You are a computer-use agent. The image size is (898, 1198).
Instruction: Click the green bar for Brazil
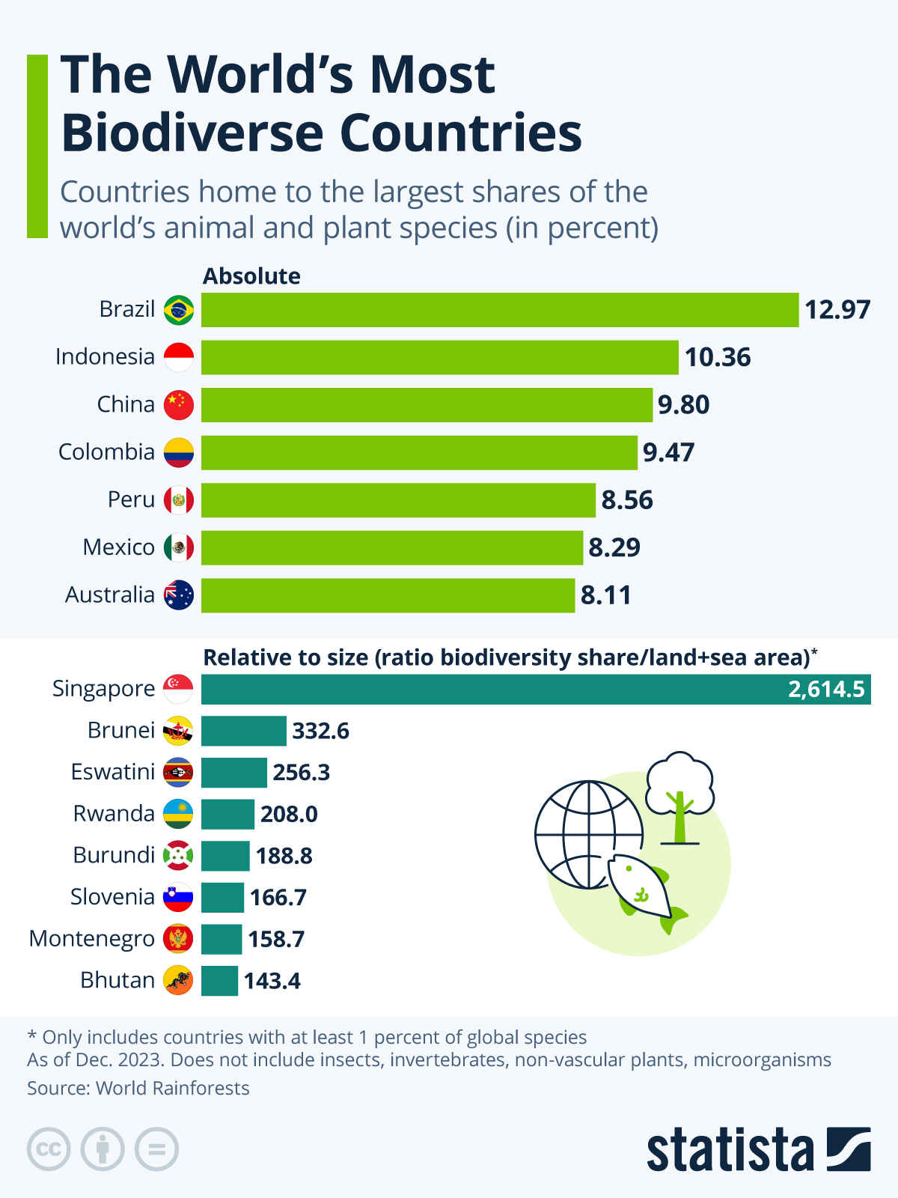coord(500,310)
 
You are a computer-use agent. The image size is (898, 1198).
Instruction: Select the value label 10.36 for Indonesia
coord(718,358)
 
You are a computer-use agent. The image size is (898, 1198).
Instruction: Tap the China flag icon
coord(179,405)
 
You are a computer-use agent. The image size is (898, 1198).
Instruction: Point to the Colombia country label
coord(106,452)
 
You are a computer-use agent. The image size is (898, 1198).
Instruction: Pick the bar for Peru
coord(398,500)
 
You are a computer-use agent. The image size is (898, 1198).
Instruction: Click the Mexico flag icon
coord(179,548)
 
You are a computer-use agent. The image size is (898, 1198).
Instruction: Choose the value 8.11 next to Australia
coord(606,596)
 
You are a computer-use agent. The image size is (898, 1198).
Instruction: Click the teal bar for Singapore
coord(486,689)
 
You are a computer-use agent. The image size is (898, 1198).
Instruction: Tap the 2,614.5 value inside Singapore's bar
coord(826,689)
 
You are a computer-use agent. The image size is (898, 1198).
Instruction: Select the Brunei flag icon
coord(178,731)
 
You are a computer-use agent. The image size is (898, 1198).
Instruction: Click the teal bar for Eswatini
coord(233,773)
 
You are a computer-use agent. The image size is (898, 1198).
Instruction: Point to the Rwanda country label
coord(114,814)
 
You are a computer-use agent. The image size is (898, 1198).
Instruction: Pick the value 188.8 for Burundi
coord(284,856)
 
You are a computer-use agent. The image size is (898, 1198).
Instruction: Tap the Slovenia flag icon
coord(178,897)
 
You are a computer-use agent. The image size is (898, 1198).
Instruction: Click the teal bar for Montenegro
coord(222,939)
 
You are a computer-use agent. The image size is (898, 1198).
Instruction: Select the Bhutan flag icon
coord(178,981)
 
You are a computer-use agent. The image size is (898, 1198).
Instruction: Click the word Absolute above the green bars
coord(251,276)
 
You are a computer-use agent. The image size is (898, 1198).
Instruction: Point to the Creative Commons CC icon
coord(49,1149)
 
